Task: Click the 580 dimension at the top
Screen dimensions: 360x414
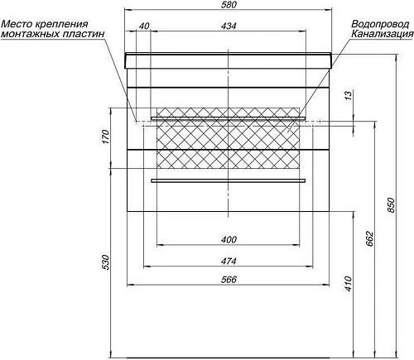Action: [229, 6]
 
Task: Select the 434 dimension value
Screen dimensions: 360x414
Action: [229, 27]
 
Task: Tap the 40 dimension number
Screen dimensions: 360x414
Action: [144, 27]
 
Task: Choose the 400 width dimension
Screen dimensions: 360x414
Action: [229, 239]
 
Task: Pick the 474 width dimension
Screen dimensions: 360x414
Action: [229, 260]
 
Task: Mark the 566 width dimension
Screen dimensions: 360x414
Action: [229, 281]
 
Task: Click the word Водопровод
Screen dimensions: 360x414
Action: [378, 25]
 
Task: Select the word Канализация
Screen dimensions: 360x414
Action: [382, 35]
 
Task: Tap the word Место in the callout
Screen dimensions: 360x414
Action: [18, 25]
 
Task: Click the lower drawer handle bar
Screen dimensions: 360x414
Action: [229, 180]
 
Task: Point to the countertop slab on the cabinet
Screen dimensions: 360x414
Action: [229, 60]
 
